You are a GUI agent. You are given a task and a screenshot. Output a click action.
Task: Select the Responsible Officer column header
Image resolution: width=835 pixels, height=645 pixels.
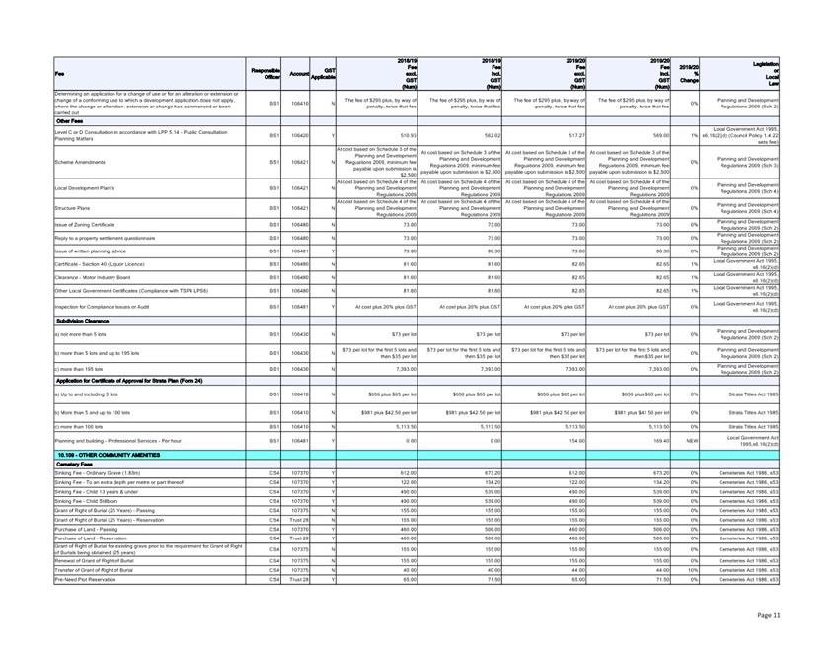click(x=267, y=74)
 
